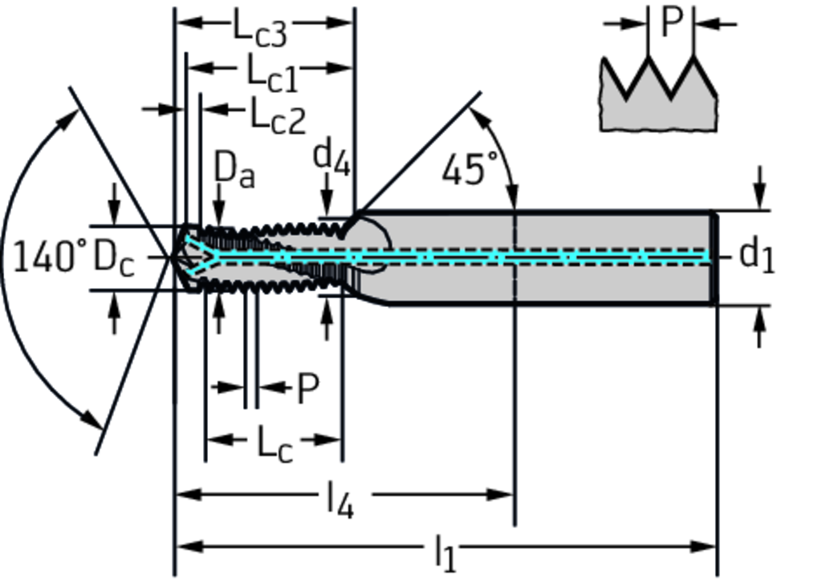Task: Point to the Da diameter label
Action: point(234,170)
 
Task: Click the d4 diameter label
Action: point(332,156)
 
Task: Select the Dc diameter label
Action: point(114,258)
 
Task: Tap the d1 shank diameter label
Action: point(756,257)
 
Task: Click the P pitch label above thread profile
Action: point(670,22)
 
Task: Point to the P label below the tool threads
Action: point(307,389)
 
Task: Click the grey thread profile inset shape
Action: point(658,108)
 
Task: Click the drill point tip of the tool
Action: point(172,257)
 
